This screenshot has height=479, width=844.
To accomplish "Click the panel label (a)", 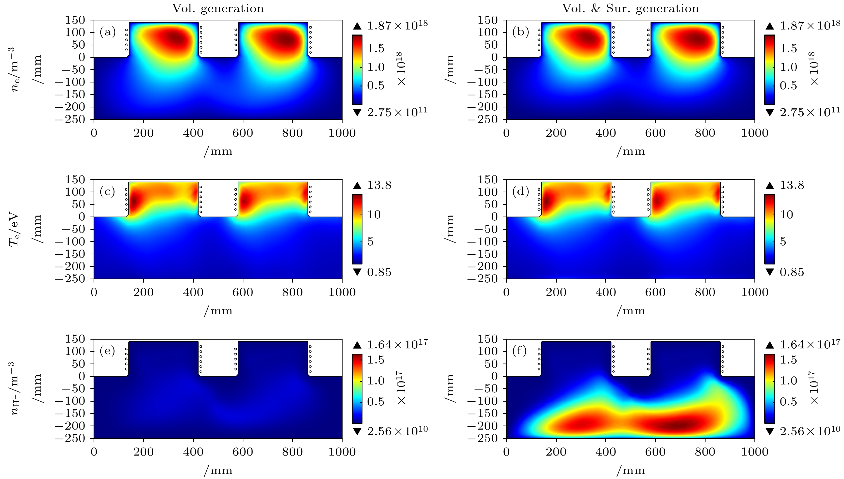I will (108, 32).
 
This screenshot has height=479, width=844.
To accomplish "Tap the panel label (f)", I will (520, 351).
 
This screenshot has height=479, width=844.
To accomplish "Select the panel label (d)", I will (520, 191).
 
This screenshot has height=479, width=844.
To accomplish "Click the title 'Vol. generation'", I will (218, 9).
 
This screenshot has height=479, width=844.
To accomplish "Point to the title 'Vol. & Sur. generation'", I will (630, 9).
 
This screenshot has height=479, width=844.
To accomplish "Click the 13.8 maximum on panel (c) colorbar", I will (379, 185).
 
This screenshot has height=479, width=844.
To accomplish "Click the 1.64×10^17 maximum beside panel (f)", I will (810, 344).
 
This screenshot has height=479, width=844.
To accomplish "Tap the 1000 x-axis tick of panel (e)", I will (342, 452).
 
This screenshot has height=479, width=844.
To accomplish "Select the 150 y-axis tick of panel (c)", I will (75, 179).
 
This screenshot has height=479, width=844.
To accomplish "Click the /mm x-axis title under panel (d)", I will (630, 311).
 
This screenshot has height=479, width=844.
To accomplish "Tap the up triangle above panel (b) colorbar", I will (770, 26).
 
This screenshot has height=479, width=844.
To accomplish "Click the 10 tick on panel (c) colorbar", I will (374, 215).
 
